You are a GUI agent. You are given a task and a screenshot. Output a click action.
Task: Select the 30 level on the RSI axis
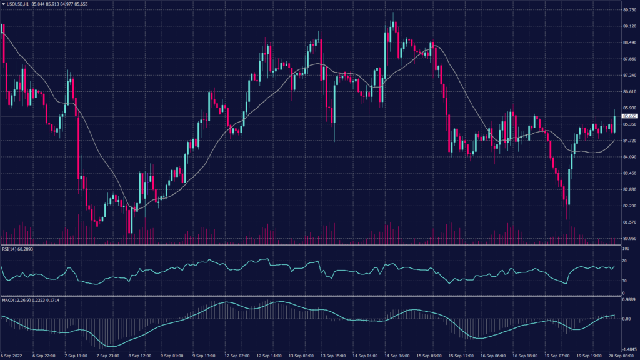pyautogui.click(x=625, y=281)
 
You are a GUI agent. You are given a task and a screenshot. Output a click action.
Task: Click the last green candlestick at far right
pyautogui.click(x=615, y=123)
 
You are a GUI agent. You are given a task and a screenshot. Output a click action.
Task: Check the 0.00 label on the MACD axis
pyautogui.click(x=626, y=319)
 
